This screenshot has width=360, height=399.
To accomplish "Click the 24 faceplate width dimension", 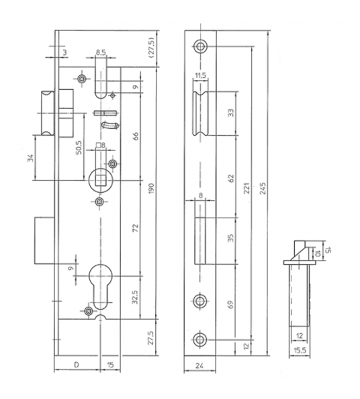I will point(199,366).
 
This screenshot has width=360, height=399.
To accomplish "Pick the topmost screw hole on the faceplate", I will point(200,46).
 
